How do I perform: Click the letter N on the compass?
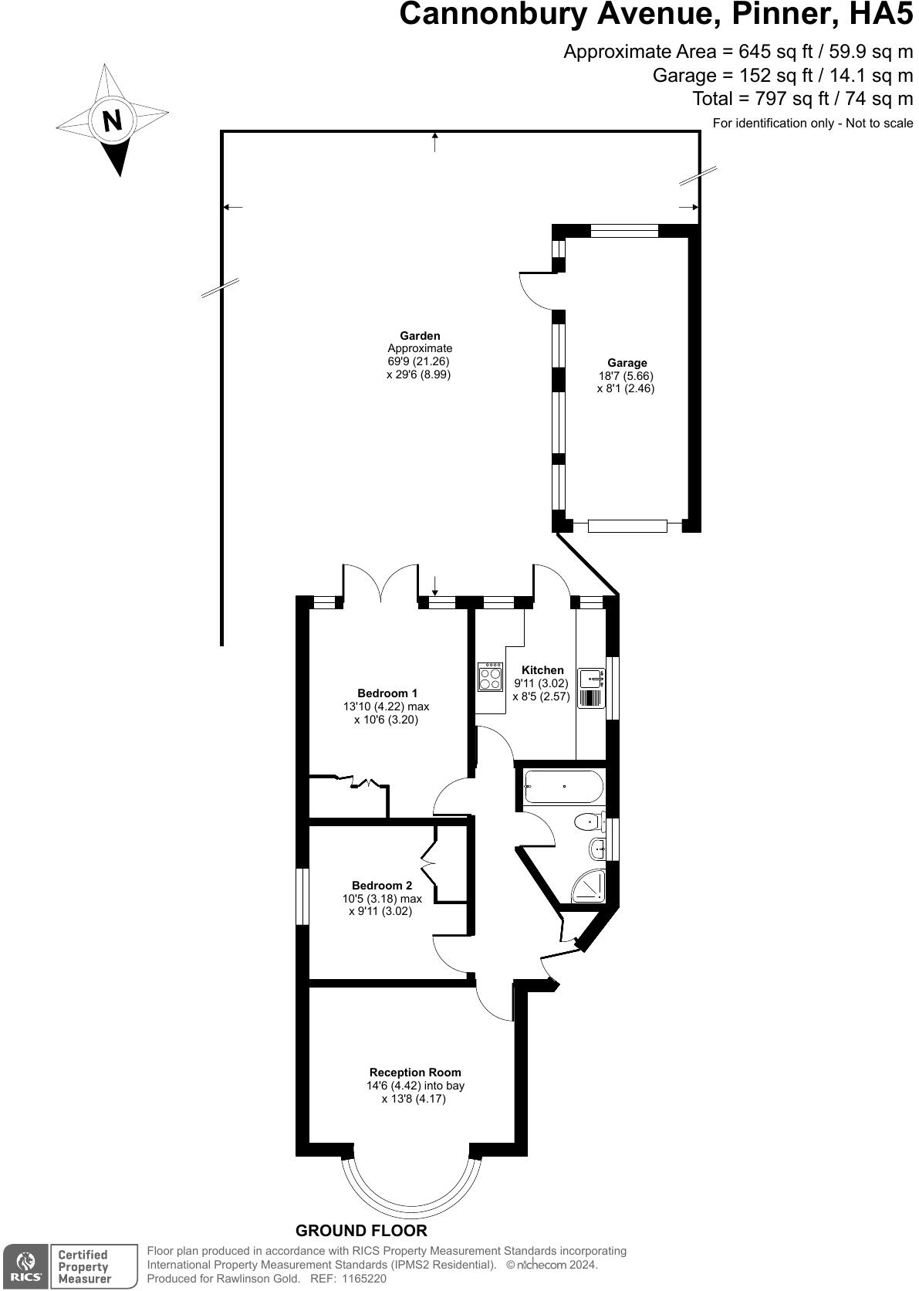113,121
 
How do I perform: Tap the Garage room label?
627,363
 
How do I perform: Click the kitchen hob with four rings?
489,677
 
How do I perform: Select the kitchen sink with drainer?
592,688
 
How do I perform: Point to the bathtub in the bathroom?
563,788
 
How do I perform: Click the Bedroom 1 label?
387,693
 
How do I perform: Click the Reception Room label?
415,1072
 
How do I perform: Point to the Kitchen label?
542,670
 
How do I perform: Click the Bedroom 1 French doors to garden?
380,584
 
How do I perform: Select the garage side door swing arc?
534,290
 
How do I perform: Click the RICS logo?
25,1266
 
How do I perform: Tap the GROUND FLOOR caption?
361,1231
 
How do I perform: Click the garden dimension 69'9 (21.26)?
418,361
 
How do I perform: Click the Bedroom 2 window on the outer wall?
303,896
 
